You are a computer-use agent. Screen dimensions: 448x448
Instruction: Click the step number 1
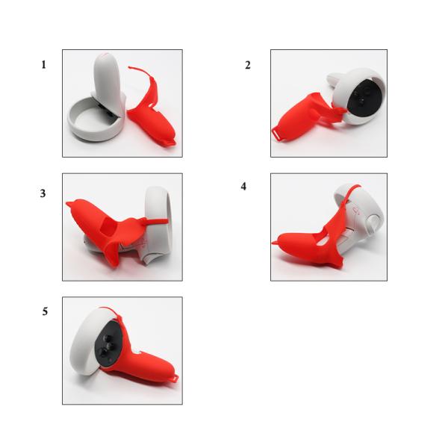click(x=43, y=65)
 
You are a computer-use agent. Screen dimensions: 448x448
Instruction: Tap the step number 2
click(x=248, y=65)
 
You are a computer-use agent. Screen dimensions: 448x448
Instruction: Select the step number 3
click(x=43, y=193)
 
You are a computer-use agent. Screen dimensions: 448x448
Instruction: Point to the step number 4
click(x=243, y=186)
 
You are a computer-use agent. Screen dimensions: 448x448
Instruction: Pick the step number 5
click(x=45, y=311)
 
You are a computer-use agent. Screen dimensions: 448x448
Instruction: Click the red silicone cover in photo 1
click(x=153, y=119)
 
